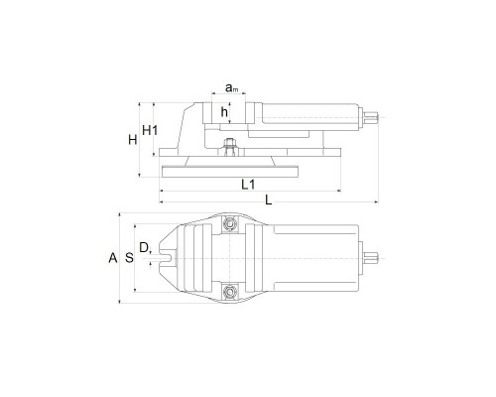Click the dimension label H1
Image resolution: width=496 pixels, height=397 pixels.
tap(150, 131)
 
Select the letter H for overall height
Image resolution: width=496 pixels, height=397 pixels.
tap(133, 140)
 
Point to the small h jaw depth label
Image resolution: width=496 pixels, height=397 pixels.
tap(224, 112)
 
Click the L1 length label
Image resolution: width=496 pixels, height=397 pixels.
tap(248, 185)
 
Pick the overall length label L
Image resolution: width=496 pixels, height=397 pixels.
tap(269, 199)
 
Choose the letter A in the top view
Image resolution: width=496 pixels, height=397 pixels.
tap(113, 258)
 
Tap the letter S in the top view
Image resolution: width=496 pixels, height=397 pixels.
tap(129, 257)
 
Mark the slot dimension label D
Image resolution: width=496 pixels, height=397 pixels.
tap(144, 247)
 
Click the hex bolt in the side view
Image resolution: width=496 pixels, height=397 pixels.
tap(229, 147)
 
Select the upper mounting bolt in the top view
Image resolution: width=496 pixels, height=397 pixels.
tap(229, 224)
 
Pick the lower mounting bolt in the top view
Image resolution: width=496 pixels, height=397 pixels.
tap(229, 292)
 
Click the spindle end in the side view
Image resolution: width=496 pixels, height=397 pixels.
tap(371, 117)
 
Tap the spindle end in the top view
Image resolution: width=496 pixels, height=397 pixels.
tap(371, 258)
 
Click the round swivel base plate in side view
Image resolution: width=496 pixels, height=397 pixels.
tap(230, 172)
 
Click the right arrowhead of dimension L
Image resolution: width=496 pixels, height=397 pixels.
tap(376, 201)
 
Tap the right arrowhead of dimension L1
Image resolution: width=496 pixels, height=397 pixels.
tap(338, 191)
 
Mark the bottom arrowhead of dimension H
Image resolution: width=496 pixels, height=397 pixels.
tap(140, 175)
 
